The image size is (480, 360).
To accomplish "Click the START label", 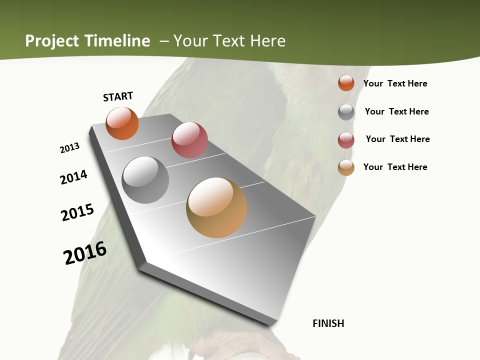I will (118, 96).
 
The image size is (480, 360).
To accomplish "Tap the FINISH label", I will (328, 323).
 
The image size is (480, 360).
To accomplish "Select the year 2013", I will (69, 148).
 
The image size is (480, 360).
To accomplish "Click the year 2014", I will (74, 177).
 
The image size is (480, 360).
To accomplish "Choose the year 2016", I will (85, 253).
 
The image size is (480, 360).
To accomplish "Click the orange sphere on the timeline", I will (122, 123).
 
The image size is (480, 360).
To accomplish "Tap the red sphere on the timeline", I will (189, 140).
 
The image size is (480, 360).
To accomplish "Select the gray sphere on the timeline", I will (145, 180).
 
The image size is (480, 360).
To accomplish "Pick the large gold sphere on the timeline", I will (216, 207).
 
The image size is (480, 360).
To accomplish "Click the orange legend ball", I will (346, 83).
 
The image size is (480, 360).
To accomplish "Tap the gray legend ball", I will (346, 112).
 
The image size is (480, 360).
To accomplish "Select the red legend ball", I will (346, 140).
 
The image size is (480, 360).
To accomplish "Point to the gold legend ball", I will (346, 167).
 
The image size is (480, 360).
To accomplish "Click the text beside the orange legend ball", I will (395, 83).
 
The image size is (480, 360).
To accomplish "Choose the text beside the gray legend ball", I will (396, 111).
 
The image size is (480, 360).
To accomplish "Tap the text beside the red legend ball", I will (397, 139).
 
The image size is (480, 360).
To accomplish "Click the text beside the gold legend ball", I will (395, 167).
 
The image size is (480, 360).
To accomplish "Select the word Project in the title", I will (52, 41).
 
